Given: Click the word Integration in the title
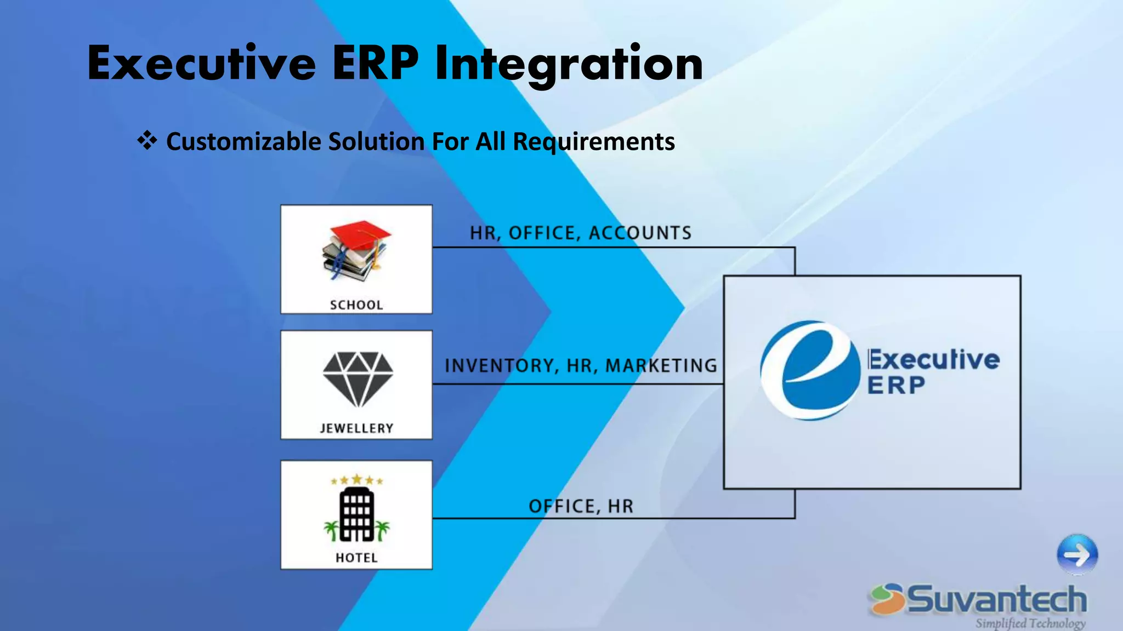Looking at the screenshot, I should (569, 65).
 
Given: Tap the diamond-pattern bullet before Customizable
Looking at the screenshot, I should (147, 141).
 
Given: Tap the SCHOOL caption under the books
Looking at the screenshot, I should (356, 305).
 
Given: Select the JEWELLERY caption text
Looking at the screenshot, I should (356, 428).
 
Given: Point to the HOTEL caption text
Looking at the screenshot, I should (356, 558).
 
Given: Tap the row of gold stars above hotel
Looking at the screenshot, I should (356, 480).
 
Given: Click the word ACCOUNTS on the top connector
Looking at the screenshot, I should (640, 233).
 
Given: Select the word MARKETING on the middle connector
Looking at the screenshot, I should (661, 366).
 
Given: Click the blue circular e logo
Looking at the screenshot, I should (809, 370).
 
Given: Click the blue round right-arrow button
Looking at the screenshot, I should (1077, 555).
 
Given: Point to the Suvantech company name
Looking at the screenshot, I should (996, 599).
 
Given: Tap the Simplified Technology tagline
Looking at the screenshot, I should (1030, 623).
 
